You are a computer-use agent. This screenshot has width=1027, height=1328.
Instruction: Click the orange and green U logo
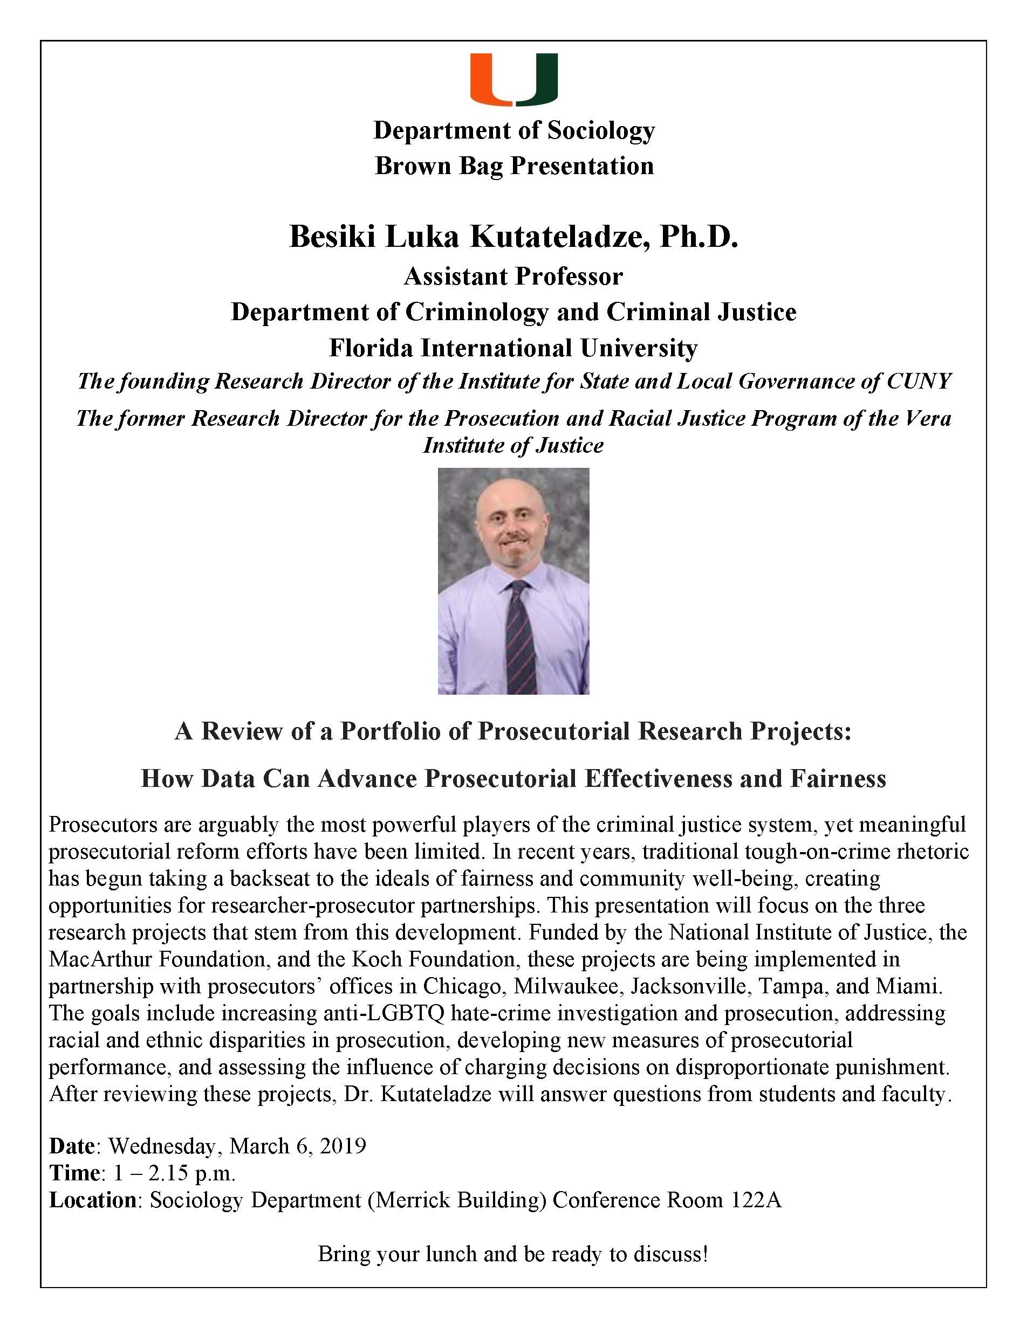513,79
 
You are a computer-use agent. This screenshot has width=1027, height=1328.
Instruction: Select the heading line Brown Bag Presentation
514,166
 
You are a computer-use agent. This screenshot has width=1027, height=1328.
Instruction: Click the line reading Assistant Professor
513,276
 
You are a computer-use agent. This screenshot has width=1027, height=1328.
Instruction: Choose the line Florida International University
513,348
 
